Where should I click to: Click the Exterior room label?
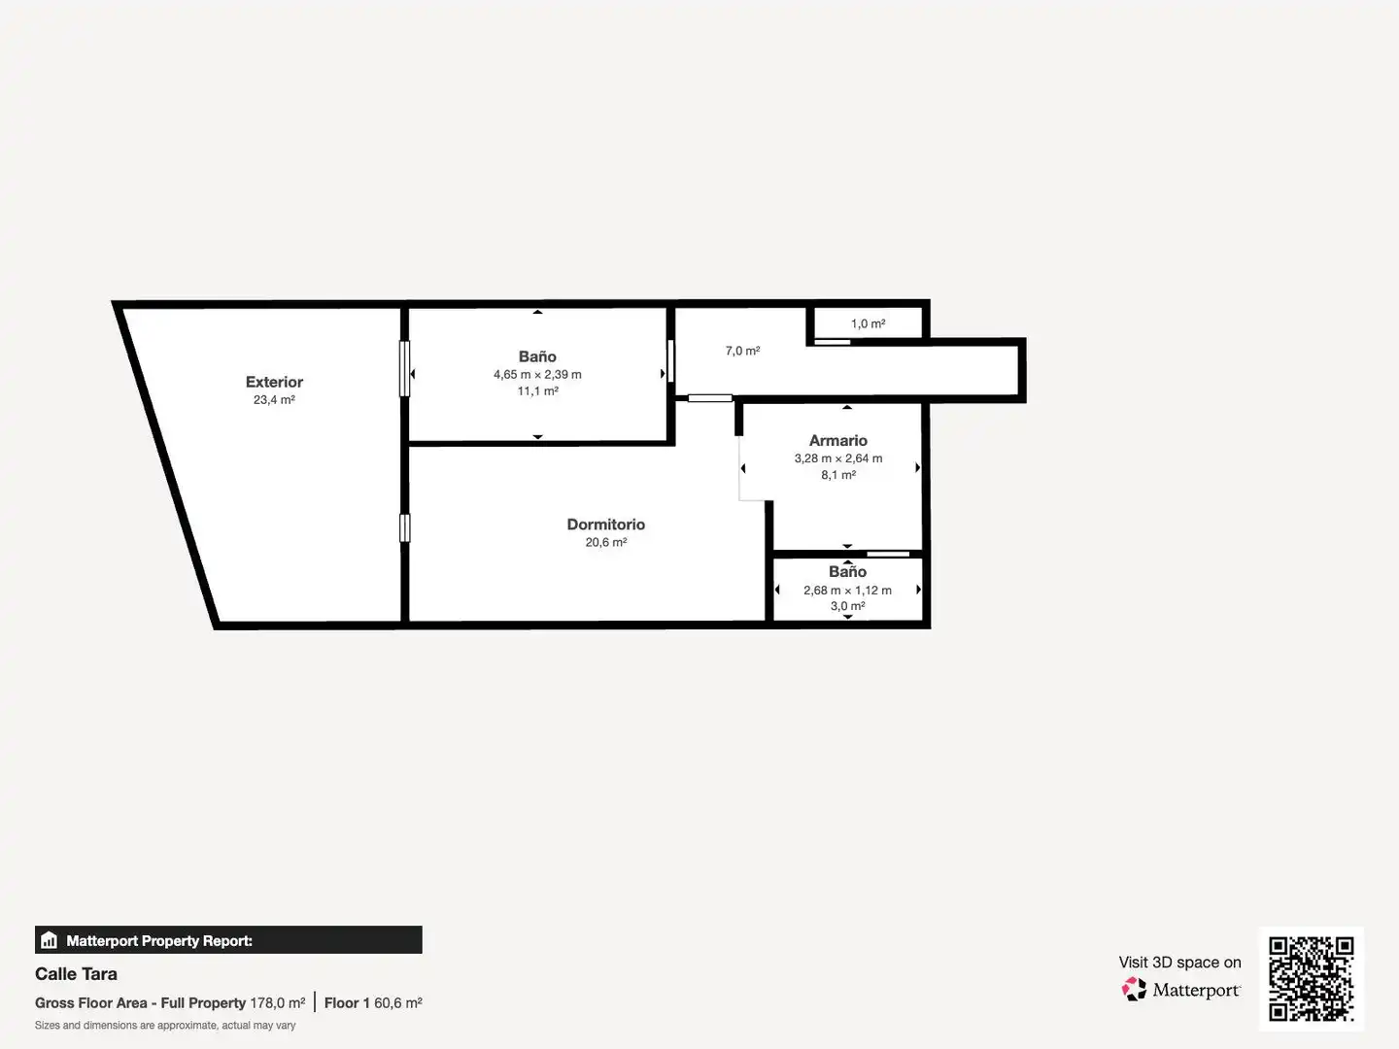point(274,382)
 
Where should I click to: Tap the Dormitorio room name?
point(605,524)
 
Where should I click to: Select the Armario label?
point(838,440)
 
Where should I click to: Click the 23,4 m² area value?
point(274,400)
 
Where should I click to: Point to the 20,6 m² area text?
point(605,542)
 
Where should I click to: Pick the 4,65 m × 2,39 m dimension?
point(537,375)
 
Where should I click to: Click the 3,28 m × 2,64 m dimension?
point(838,457)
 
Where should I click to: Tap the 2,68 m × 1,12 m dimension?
point(847,591)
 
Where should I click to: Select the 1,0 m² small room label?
point(869,323)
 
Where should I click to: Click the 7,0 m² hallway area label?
point(742,351)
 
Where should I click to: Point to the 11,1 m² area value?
point(537,391)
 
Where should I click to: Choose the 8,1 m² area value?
point(838,475)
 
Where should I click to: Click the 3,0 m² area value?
point(847,606)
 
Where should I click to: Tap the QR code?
point(1311,978)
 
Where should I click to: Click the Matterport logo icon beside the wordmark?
point(1134,989)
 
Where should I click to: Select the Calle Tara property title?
point(76,974)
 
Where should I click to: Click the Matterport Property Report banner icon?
point(50,940)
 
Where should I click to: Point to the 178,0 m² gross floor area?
point(277,1003)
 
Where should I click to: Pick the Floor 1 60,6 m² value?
point(373,1003)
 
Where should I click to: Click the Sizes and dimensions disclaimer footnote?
point(165,1026)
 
